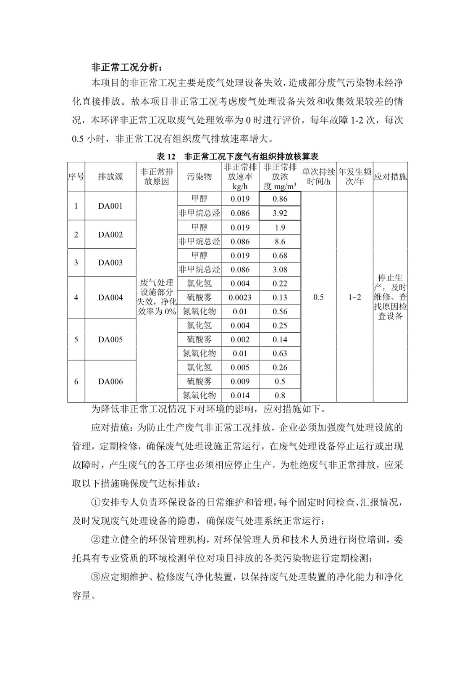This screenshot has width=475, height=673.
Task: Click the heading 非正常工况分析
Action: click(126, 67)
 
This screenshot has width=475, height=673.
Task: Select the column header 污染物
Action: click(199, 177)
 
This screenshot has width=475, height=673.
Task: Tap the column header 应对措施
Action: click(390, 177)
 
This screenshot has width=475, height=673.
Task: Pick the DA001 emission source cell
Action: click(110, 206)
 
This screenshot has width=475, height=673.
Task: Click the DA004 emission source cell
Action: click(110, 297)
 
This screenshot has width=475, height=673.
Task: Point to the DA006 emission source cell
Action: click(110, 382)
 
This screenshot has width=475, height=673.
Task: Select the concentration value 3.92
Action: click(280, 213)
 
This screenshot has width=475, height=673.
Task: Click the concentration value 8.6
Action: click(280, 241)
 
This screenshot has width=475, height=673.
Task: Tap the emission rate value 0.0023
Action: click(240, 297)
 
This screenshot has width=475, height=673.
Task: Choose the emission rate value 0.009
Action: click(240, 382)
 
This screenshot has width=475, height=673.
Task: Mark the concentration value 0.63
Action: click(280, 353)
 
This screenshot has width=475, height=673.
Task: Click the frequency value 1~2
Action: click(354, 297)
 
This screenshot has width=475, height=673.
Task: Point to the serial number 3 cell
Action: click(76, 262)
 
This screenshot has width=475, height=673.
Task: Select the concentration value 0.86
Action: click(280, 199)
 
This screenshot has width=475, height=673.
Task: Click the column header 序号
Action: click(76, 177)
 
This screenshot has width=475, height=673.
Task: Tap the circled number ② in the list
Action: click(96, 540)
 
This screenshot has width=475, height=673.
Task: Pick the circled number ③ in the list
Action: click(96, 577)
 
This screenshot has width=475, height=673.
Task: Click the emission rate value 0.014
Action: click(240, 395)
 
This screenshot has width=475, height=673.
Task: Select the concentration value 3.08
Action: click(280, 269)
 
